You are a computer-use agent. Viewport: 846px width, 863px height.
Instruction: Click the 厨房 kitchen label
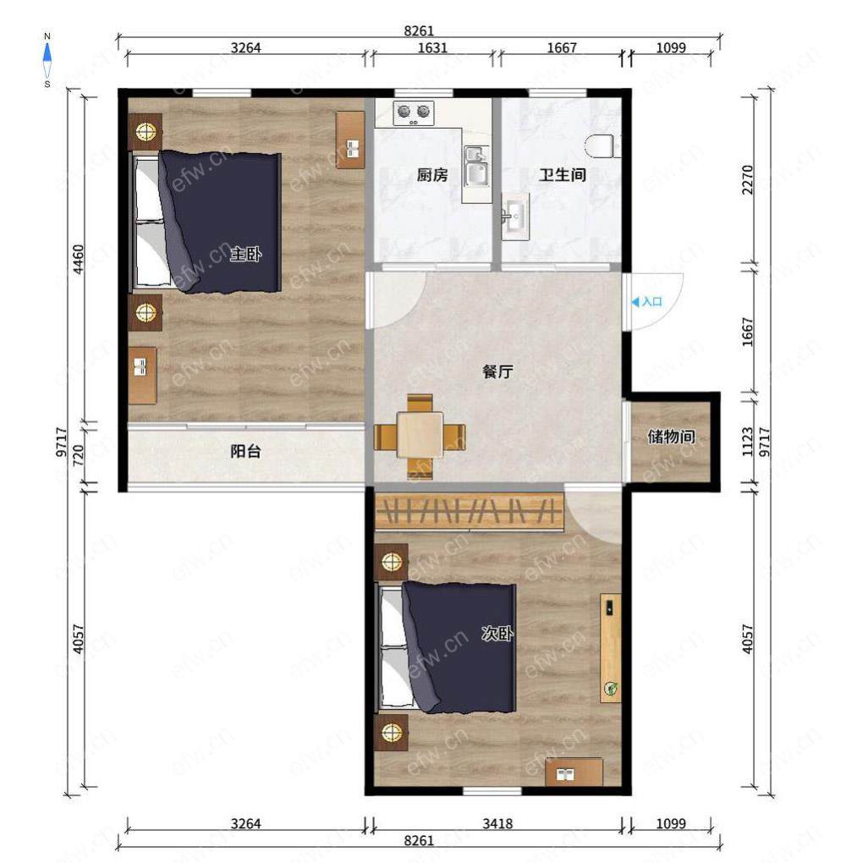(432, 175)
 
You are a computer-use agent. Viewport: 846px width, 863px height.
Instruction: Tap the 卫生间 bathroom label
(562, 175)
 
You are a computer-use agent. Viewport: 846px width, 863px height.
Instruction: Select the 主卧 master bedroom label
(245, 255)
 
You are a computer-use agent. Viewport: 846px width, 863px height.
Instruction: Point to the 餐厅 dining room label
(497, 371)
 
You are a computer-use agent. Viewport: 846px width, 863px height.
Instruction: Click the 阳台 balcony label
(245, 452)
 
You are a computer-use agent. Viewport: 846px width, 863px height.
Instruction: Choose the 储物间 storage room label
(671, 437)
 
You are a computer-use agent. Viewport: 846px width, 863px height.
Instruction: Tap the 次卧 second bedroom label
(497, 634)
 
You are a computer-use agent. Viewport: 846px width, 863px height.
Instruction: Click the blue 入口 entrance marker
(646, 301)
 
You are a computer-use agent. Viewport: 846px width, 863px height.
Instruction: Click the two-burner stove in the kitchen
(414, 113)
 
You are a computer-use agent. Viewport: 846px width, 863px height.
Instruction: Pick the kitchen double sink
(476, 167)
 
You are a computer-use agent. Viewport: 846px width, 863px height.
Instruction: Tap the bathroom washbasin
(515, 217)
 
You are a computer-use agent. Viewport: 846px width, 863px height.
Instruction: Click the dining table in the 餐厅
(420, 436)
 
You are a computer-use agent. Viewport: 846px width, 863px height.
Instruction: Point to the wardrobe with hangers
(470, 512)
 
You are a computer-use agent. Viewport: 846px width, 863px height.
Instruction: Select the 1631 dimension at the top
(432, 48)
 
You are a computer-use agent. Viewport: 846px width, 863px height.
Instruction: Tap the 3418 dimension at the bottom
(497, 823)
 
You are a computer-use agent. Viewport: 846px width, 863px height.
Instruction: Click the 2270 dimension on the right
(747, 179)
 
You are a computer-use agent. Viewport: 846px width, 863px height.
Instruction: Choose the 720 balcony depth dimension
(78, 455)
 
